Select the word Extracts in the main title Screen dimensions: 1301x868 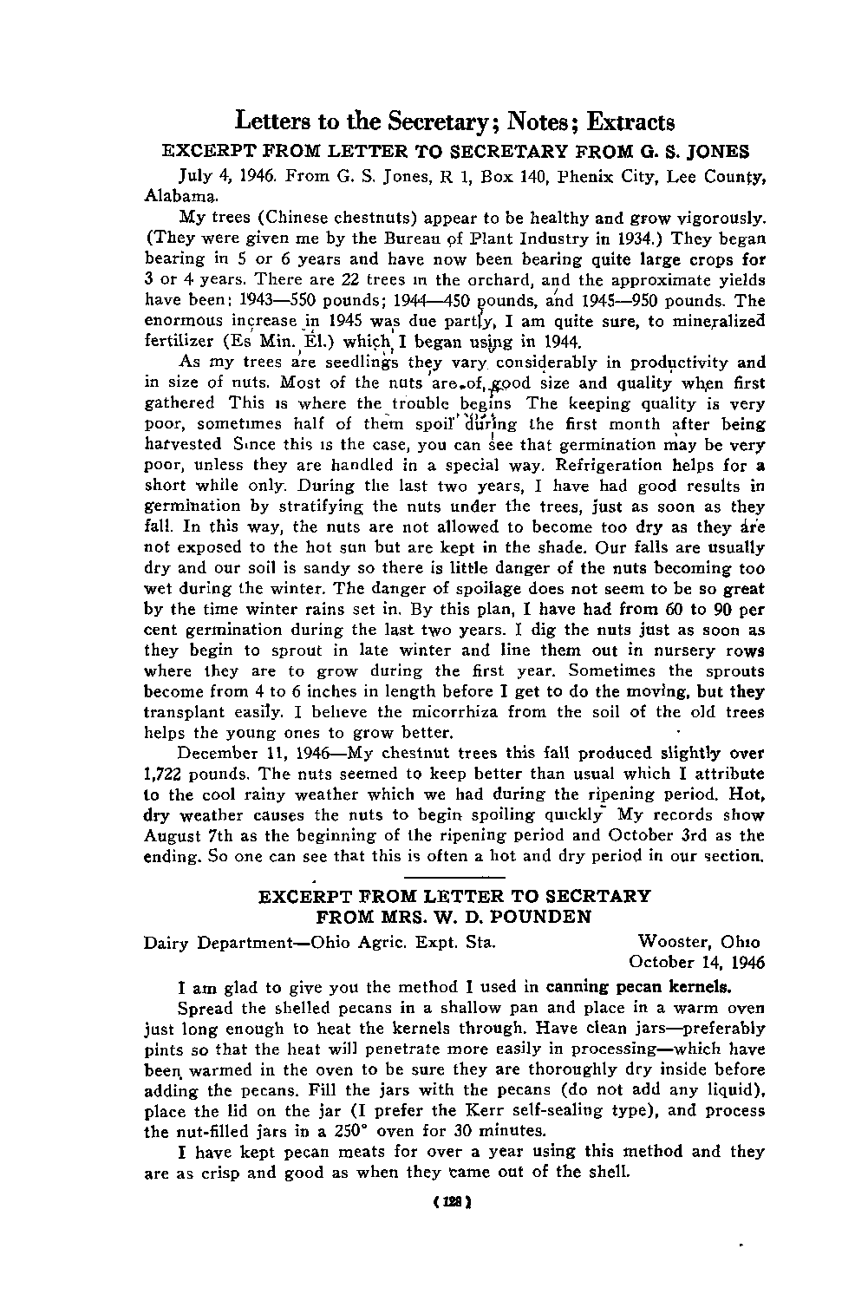(x=631, y=121)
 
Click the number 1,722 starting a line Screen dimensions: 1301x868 (x=168, y=774)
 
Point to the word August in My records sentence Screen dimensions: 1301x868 (x=172, y=836)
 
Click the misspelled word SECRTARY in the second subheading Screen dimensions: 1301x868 (x=589, y=895)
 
